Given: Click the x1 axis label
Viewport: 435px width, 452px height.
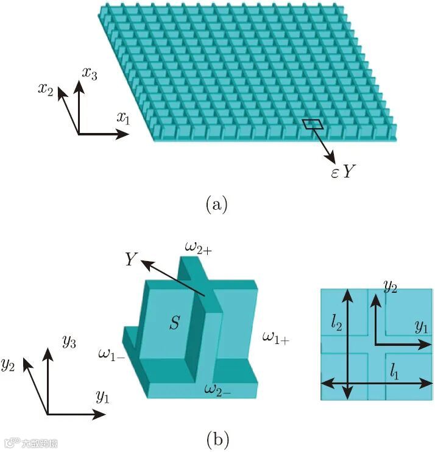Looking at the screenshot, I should (x=123, y=118).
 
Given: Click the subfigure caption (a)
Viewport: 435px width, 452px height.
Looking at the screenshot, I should (x=217, y=204).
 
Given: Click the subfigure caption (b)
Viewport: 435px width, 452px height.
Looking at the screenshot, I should (x=217, y=437).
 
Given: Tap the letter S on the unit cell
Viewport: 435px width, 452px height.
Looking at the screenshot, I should (x=175, y=323).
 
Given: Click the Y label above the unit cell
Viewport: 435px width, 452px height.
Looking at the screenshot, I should (x=130, y=259).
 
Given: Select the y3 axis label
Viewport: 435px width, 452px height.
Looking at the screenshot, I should (x=68, y=341).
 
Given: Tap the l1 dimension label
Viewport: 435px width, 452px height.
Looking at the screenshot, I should (x=397, y=368).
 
